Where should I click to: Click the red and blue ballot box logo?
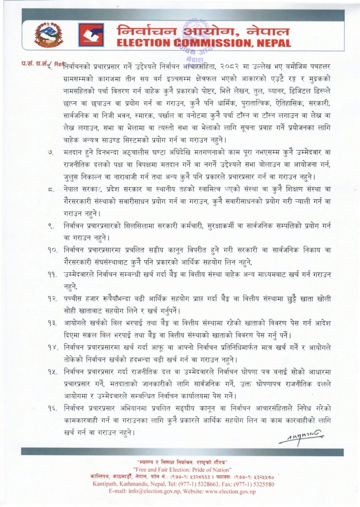[x=91, y=35]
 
